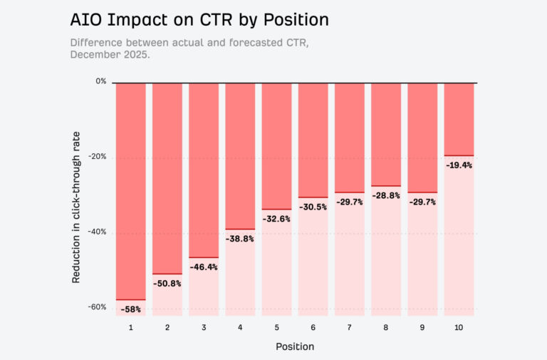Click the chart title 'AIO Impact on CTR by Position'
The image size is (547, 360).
[x=199, y=20]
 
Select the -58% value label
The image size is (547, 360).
[x=131, y=309]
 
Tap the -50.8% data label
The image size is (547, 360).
[x=167, y=284]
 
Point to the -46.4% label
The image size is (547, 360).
[x=204, y=267]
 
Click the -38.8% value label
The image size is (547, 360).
[x=240, y=239]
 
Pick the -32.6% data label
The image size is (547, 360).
[x=276, y=219]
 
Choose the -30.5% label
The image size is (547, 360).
[x=313, y=207]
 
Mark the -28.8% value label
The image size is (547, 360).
[x=386, y=195]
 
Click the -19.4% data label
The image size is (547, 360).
[x=459, y=165]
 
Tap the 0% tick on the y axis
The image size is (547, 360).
[x=101, y=81]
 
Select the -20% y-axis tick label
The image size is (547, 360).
[x=98, y=156]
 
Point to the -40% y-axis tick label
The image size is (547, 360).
[x=98, y=232]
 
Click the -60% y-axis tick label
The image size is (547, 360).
[x=98, y=307]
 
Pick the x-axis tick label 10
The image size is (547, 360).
[x=459, y=327]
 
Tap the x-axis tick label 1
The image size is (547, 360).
[x=131, y=327]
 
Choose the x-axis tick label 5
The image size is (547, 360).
[x=276, y=327]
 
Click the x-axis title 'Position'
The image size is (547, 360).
[x=295, y=346]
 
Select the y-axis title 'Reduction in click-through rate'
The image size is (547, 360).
[x=76, y=207]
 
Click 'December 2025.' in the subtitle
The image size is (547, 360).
[x=110, y=55]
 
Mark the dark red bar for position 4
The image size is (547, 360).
[x=240, y=156]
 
